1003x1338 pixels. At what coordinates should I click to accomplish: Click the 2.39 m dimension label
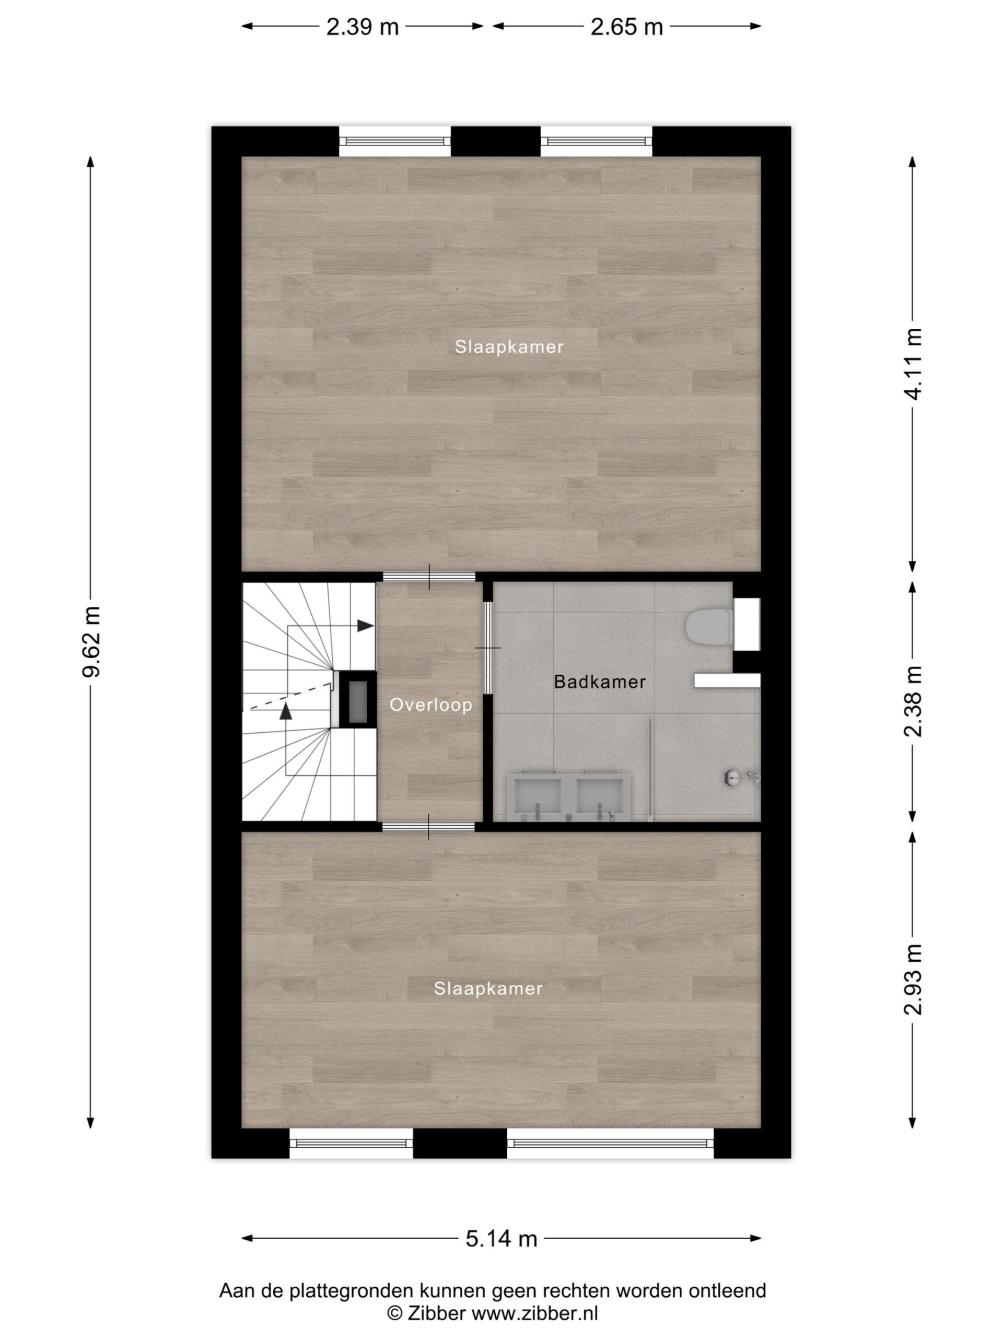[362, 27]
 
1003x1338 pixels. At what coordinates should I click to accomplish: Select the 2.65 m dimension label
[626, 27]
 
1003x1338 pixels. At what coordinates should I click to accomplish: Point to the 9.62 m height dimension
[92, 641]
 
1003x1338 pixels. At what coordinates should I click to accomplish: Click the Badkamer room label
[600, 682]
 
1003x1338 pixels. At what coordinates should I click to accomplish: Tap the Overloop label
[431, 705]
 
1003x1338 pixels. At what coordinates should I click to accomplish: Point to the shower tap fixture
[742, 777]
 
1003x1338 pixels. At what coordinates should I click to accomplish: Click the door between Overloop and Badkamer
[488, 648]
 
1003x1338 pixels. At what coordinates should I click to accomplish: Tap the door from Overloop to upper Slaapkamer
[429, 576]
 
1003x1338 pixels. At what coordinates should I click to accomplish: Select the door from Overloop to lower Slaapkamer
[429, 827]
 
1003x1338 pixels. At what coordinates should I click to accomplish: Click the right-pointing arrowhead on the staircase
[365, 626]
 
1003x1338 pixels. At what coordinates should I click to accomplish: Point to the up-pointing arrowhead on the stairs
[286, 711]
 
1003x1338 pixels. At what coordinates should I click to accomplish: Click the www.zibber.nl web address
[534, 1313]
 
